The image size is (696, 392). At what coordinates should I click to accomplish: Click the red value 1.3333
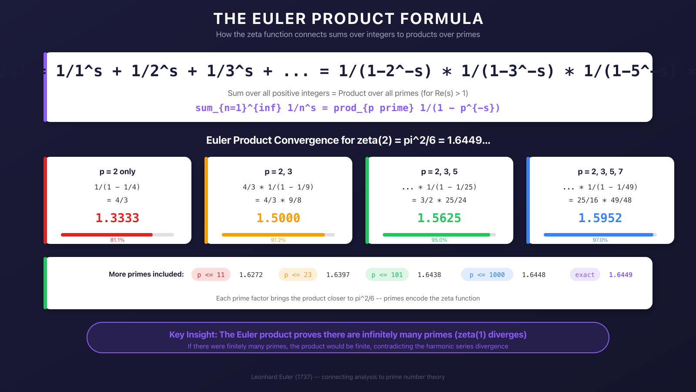117,218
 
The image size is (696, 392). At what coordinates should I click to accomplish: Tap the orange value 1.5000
278,218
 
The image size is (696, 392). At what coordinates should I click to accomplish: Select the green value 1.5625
439,218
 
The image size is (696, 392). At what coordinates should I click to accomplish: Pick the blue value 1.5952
600,218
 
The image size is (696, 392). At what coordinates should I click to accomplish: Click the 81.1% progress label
117,240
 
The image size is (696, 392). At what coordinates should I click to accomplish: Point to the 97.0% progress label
600,240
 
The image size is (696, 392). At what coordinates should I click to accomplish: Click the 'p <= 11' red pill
211,274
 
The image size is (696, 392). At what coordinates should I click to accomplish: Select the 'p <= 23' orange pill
298,274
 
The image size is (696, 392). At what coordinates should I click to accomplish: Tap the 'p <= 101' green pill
387,274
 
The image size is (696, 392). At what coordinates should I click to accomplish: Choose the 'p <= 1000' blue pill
487,274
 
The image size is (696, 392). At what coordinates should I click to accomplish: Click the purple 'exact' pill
585,274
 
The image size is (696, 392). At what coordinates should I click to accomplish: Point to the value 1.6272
251,275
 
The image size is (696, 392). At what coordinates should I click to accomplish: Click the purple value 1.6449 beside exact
621,275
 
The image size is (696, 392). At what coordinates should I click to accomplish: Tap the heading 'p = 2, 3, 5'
439,172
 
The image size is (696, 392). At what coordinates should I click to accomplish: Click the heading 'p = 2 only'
117,172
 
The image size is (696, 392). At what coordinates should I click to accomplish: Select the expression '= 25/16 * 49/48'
600,200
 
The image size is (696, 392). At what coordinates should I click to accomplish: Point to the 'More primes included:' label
146,274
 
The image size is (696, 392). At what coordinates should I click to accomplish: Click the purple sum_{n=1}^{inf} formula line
348,108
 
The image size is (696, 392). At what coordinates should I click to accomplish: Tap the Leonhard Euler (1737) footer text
348,377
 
